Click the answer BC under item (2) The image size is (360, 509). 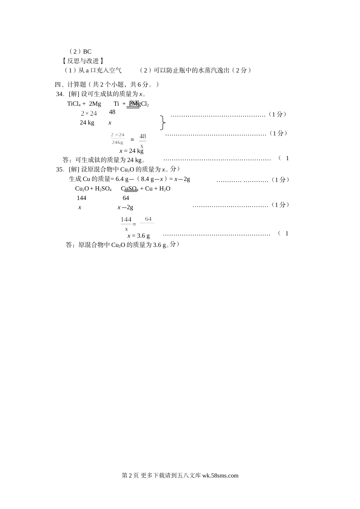coord(87,52)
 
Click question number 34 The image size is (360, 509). coord(59,94)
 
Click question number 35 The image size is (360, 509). coord(60,169)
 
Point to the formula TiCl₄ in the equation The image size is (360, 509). coord(74,104)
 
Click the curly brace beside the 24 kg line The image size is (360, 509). coord(163,122)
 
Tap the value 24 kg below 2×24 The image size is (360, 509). coord(87,122)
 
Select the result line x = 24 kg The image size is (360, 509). coord(131,151)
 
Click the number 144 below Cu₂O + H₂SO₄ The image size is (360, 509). coord(81,198)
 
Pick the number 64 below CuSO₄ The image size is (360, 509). coord(126,198)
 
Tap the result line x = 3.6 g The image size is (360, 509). coord(139,236)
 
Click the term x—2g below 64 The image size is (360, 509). coord(125,207)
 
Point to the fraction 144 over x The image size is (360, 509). coord(126,224)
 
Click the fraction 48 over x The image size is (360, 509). coord(142,141)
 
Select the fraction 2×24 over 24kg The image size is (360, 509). coord(117,139)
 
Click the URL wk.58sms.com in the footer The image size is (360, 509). coord(221,476)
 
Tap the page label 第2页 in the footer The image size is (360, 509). coord(130,476)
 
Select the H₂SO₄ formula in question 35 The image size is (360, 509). coord(103,189)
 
